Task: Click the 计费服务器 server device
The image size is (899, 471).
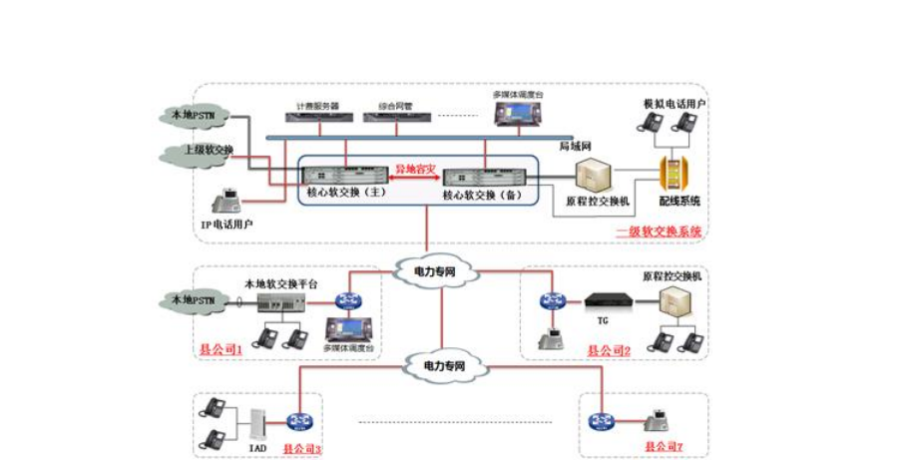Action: (318, 117)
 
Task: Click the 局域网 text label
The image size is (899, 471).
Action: (572, 146)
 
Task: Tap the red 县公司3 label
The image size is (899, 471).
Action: (302, 449)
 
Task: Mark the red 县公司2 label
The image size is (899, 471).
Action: (609, 350)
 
